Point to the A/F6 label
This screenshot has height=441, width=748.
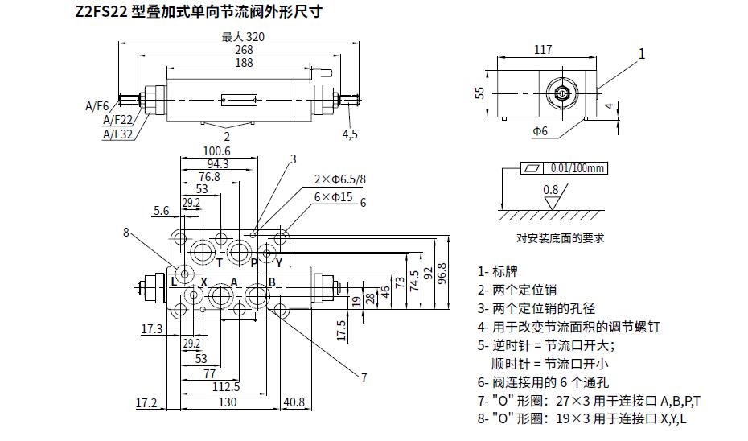pyautogui.click(x=97, y=105)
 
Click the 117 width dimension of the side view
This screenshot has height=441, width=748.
pyautogui.click(x=543, y=50)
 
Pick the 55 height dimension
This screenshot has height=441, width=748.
pyautogui.click(x=480, y=93)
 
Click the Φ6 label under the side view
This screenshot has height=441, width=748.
pyautogui.click(x=540, y=130)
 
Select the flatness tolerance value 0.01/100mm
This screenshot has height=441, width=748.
pyautogui.click(x=577, y=168)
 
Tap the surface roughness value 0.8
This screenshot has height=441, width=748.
pyautogui.click(x=550, y=190)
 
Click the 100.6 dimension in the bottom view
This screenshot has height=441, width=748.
pyautogui.click(x=216, y=151)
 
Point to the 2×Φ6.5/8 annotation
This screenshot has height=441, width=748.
pyautogui.click(x=339, y=179)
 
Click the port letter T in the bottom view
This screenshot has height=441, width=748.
pyautogui.click(x=220, y=262)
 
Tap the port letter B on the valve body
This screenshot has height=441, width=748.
pyautogui.click(x=272, y=282)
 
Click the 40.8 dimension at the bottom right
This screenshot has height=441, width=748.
pyautogui.click(x=294, y=402)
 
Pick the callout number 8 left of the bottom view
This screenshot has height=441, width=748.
pyautogui.click(x=126, y=233)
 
